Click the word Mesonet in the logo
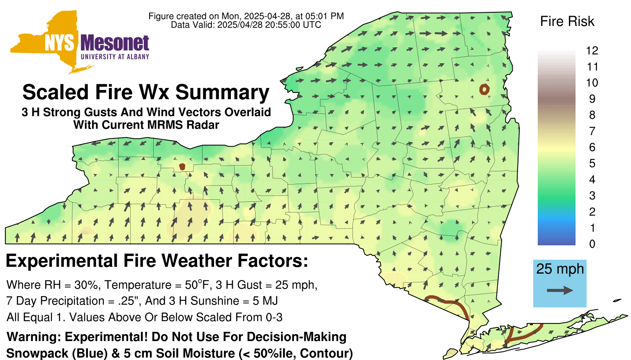(115, 43)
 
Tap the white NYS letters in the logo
(60, 43)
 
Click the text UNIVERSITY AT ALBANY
(115, 57)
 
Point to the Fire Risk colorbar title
(567, 21)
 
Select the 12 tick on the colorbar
(592, 51)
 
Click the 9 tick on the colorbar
(592, 99)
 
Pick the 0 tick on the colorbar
(592, 244)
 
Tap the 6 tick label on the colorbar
(592, 147)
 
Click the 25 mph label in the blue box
(560, 269)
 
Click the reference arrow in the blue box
(560, 291)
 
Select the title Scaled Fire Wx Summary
(146, 92)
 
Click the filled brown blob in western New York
(182, 167)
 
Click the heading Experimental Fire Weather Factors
(157, 261)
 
